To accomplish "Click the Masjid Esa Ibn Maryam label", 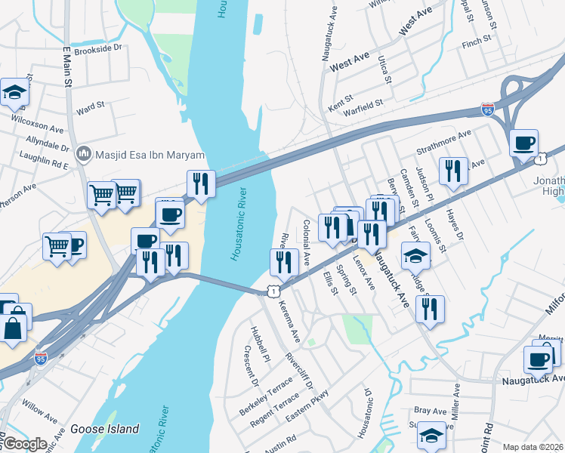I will click(x=140, y=155).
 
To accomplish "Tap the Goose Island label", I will click(x=105, y=429).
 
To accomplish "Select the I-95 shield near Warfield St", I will click(x=488, y=110).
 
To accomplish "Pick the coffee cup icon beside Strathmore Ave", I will click(x=523, y=143).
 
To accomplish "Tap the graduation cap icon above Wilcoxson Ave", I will click(x=14, y=93).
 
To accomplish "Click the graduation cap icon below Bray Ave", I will click(x=431, y=436).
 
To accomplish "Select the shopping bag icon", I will click(x=13, y=329).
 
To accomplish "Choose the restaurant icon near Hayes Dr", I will click(x=452, y=170).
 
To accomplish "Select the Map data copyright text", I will click(x=533, y=447).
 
